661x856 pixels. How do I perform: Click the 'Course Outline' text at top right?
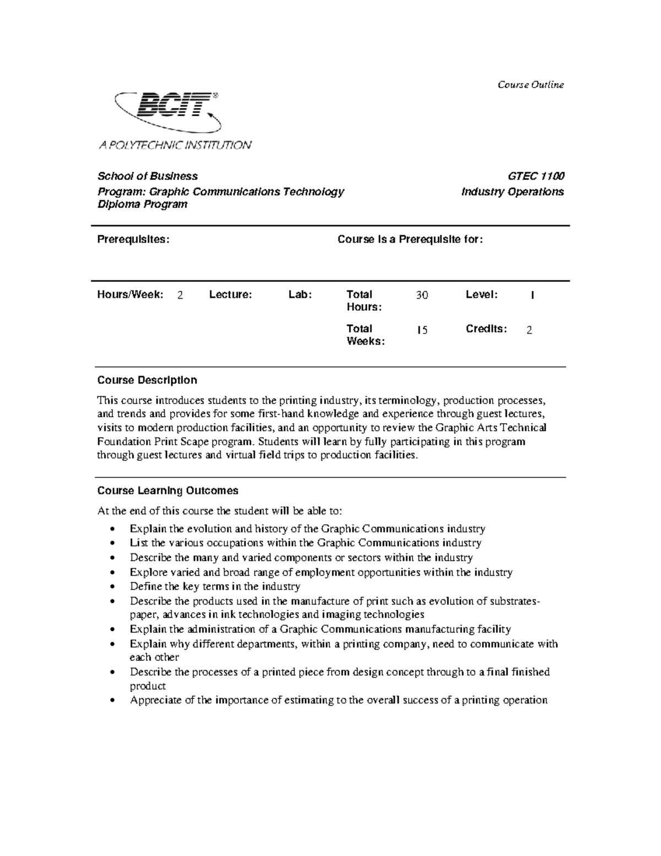pyautogui.click(x=530, y=84)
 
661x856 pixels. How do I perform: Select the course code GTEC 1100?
pyautogui.click(x=535, y=176)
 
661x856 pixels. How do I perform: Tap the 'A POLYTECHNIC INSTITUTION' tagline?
pyautogui.click(x=175, y=145)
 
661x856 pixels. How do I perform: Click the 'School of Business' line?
pyautogui.click(x=148, y=176)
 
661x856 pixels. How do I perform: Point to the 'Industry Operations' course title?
pyautogui.click(x=512, y=192)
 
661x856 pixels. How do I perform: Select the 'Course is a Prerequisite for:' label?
pyautogui.click(x=410, y=239)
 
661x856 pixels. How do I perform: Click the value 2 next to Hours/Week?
pyautogui.click(x=180, y=295)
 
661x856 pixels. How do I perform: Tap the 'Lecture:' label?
pyautogui.click(x=230, y=295)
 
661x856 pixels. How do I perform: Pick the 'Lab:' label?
pyautogui.click(x=300, y=295)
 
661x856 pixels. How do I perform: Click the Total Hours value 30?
pyautogui.click(x=421, y=295)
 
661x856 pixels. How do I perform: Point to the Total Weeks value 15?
pyautogui.click(x=421, y=330)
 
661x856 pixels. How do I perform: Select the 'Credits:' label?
pyautogui.click(x=486, y=329)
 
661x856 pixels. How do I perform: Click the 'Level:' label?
pyautogui.click(x=481, y=295)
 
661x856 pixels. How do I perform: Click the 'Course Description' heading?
pyautogui.click(x=147, y=380)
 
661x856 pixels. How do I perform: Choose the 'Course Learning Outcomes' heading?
pyautogui.click(x=167, y=491)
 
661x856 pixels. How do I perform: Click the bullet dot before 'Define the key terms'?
pyautogui.click(x=112, y=587)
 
